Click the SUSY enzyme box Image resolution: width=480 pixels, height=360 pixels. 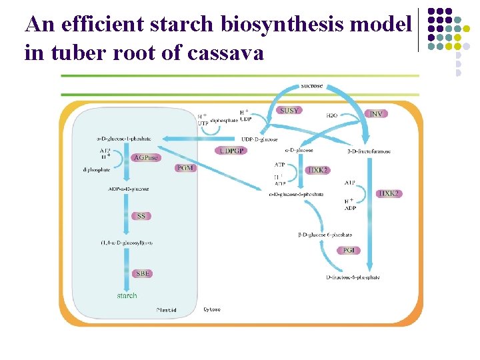[289, 111]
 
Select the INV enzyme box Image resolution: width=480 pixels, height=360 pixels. [376, 114]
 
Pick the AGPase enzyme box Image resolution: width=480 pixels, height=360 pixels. [145, 157]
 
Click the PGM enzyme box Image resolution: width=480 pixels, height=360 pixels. [185, 168]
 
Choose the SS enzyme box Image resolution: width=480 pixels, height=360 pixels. [141, 216]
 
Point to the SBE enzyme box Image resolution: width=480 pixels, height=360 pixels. [143, 274]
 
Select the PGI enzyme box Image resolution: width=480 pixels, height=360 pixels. [349, 250]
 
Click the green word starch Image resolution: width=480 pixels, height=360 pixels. [127, 295]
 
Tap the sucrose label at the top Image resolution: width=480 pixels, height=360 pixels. [312, 86]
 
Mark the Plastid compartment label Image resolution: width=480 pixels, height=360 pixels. [166, 310]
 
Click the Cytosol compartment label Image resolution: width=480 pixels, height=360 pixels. [212, 309]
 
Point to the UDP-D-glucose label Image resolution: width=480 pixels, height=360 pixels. [259, 139]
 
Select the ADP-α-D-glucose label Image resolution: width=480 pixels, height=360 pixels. [128, 189]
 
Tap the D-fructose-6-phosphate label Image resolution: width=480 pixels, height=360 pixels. [353, 277]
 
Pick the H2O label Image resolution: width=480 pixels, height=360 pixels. [331, 115]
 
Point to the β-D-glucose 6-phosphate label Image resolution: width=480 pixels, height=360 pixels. [325, 235]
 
